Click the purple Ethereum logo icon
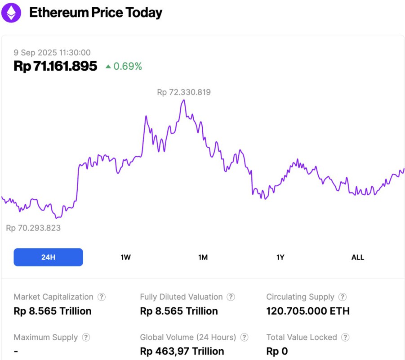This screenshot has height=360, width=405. pyautogui.click(x=11, y=13)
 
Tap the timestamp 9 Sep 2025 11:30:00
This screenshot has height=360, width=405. pyautogui.click(x=52, y=53)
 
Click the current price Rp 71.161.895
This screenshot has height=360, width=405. pyautogui.click(x=55, y=66)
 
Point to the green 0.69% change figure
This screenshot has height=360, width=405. pyautogui.click(x=128, y=67)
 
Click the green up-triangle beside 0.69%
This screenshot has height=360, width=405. pyautogui.click(x=108, y=67)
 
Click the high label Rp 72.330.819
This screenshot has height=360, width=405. pyautogui.click(x=184, y=92)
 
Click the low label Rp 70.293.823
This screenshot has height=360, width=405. pyautogui.click(x=33, y=228)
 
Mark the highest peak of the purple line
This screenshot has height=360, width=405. pyautogui.click(x=183, y=100)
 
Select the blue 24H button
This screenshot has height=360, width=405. pyautogui.click(x=48, y=257)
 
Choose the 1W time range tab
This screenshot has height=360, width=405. pyautogui.click(x=125, y=257)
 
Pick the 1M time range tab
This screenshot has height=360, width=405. pyautogui.click(x=203, y=257)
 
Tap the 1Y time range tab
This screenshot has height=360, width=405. pyautogui.click(x=280, y=257)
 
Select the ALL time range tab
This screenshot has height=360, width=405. pyautogui.click(x=357, y=257)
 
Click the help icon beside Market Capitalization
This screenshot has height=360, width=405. pyautogui.click(x=102, y=297)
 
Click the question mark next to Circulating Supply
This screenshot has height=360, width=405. pyautogui.click(x=343, y=297)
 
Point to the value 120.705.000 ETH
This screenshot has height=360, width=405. pyautogui.click(x=307, y=311)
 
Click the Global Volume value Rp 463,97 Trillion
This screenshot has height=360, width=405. pyautogui.click(x=182, y=351)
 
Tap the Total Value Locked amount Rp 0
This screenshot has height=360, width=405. pyautogui.click(x=277, y=351)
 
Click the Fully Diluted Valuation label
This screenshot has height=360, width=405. pyautogui.click(x=181, y=297)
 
